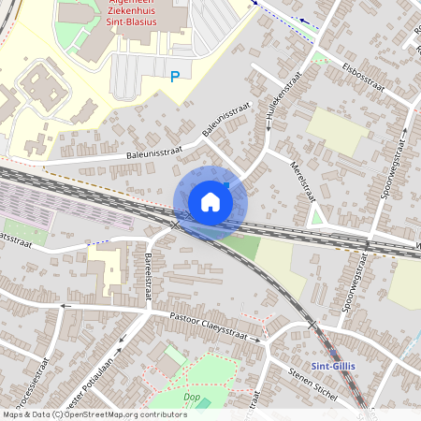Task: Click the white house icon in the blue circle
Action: [x=210, y=201]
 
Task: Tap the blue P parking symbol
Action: [x=174, y=77]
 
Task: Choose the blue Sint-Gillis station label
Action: [x=331, y=365]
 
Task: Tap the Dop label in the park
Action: [x=192, y=397]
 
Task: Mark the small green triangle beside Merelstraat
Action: [x=317, y=219]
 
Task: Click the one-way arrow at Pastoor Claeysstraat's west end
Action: [x=65, y=306]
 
